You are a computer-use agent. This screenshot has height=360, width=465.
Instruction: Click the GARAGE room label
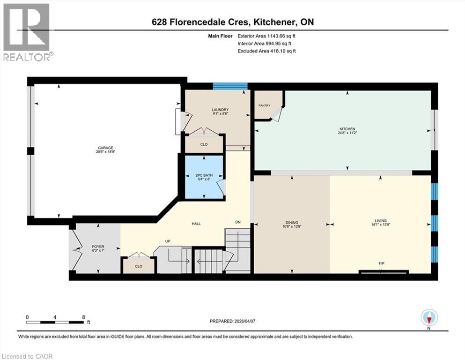pos(105,148)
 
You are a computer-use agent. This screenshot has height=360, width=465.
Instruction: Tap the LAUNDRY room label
pos(220,110)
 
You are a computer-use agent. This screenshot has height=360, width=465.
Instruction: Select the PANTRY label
pos(264,105)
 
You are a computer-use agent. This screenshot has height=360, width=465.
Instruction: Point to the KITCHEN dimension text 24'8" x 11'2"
pos(347,133)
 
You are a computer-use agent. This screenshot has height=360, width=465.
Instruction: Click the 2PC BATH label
pos(204,175)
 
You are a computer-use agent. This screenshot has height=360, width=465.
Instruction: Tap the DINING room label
pos(292,223)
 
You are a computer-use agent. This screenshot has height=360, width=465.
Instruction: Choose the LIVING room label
pos(381,220)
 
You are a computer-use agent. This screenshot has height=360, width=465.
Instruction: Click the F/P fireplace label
pos(381,263)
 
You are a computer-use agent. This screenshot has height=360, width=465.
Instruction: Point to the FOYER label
pos(98,247)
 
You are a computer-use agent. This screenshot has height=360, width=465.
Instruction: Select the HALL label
pos(196,224)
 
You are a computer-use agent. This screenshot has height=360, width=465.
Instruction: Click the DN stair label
pos(238,222)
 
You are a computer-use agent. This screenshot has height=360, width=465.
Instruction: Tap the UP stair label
pos(168,241)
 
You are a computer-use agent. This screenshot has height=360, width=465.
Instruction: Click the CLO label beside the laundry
pos(204,144)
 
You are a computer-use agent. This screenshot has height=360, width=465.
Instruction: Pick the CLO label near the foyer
pos(139,266)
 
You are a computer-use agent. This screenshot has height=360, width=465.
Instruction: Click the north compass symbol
pos(429,318)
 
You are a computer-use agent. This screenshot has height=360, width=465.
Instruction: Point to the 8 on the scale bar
pos(84,317)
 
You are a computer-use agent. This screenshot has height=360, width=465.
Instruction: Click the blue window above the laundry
pos(230,86)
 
